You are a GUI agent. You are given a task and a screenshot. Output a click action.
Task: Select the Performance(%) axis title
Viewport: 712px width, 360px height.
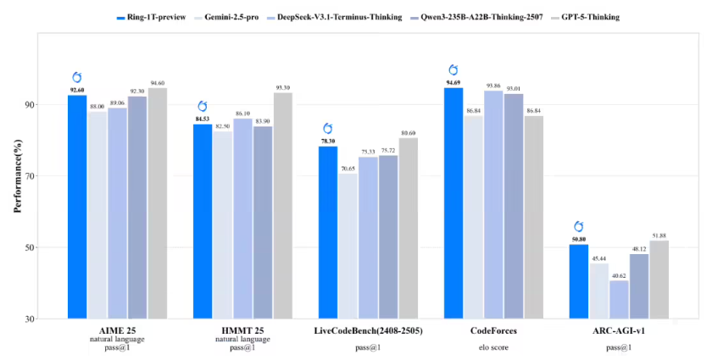(18, 175)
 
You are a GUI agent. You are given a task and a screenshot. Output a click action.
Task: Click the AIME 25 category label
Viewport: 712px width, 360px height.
(118, 330)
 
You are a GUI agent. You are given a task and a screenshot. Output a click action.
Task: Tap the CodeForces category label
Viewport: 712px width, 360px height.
(493, 330)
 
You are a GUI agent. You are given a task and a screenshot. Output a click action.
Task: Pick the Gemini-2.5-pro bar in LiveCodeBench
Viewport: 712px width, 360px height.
(348, 246)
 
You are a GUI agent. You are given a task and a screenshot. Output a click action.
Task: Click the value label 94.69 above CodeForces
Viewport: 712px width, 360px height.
(453, 82)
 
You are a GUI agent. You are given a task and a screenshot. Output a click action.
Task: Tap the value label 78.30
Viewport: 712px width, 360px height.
(327, 141)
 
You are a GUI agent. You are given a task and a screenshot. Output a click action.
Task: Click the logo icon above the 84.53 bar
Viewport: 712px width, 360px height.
(203, 106)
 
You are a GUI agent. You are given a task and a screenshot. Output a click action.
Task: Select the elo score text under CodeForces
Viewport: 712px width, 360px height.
(494, 347)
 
